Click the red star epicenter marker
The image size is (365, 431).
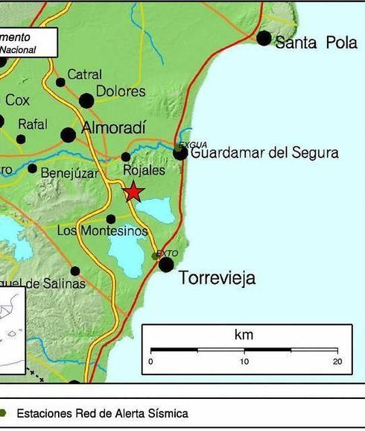pos(133,192)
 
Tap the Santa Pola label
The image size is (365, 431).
pos(316,43)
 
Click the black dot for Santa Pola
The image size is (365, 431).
pos(264,37)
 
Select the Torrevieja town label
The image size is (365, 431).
pos(217,279)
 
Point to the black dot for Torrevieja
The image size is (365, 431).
pos(167,265)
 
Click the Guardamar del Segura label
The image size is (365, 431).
pos(264,154)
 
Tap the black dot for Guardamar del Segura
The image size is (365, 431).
pos(180,153)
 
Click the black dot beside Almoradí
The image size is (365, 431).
pos(69,135)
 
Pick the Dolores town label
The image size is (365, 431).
pos(121,92)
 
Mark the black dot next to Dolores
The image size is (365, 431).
pos(86,100)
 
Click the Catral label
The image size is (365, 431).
pos(84,74)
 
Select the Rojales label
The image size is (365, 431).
pos(144,170)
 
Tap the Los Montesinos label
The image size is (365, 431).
pos(103,231)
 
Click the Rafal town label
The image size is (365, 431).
pos(32,124)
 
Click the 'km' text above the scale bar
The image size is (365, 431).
pos(244,335)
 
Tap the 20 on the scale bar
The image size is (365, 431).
pos(337,362)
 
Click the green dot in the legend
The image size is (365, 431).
pos(4,412)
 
